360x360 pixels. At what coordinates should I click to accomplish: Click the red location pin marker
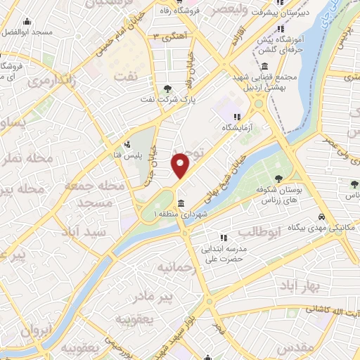[x=181, y=166]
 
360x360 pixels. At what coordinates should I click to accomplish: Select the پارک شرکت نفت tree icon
[x=167, y=88]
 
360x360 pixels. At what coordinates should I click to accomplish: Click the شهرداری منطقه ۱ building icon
[x=182, y=204]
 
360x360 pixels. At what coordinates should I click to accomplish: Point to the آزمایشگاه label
[x=237, y=129]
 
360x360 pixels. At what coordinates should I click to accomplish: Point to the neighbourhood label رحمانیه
[x=174, y=267]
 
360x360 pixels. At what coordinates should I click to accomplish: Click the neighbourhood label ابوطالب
[x=259, y=231]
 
